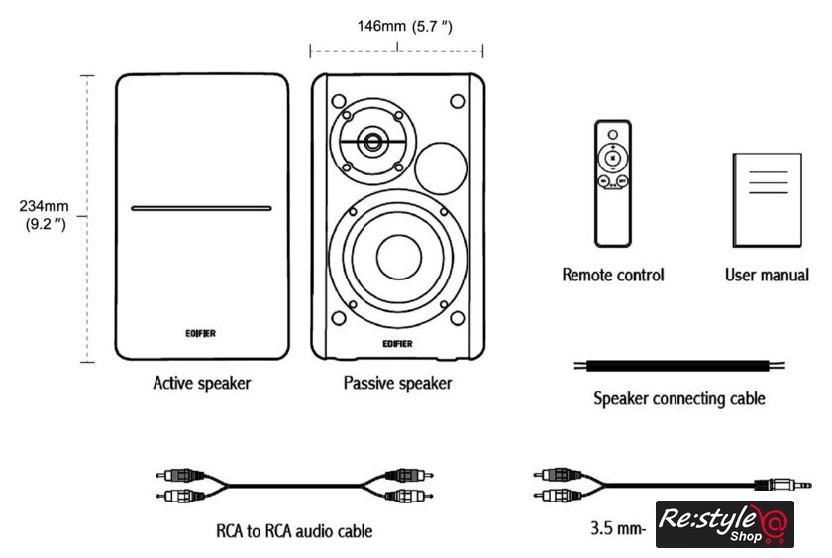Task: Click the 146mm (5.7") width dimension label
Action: pos(404,27)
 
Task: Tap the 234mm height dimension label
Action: pos(43,215)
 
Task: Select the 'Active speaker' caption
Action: pos(202,383)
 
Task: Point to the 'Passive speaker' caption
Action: pos(397,383)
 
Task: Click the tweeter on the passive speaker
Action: pos(373,142)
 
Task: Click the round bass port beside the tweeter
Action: pos(440,166)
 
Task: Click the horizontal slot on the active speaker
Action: pos(201,209)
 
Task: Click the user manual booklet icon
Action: pos(766,200)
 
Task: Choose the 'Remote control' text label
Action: pos(613,275)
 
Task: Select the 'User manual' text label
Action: pos(767,275)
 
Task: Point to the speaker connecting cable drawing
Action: pos(680,365)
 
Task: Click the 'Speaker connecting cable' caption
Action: pos(679,399)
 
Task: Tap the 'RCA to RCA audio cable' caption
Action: pos(294,531)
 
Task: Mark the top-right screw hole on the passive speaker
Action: pos(457,101)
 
